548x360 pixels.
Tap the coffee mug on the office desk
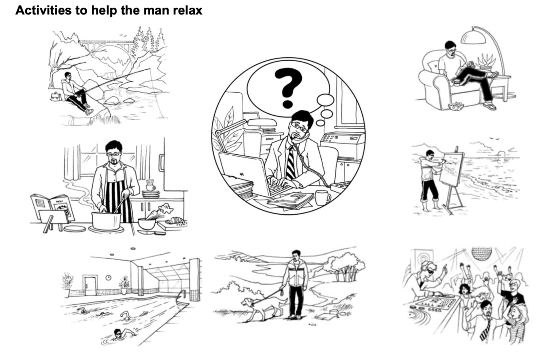323,198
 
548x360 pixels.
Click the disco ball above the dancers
482,254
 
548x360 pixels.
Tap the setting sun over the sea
502,154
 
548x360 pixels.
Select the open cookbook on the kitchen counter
53,207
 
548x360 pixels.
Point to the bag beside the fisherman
56,96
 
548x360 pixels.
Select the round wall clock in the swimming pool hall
108,278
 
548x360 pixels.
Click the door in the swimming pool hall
90,285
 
